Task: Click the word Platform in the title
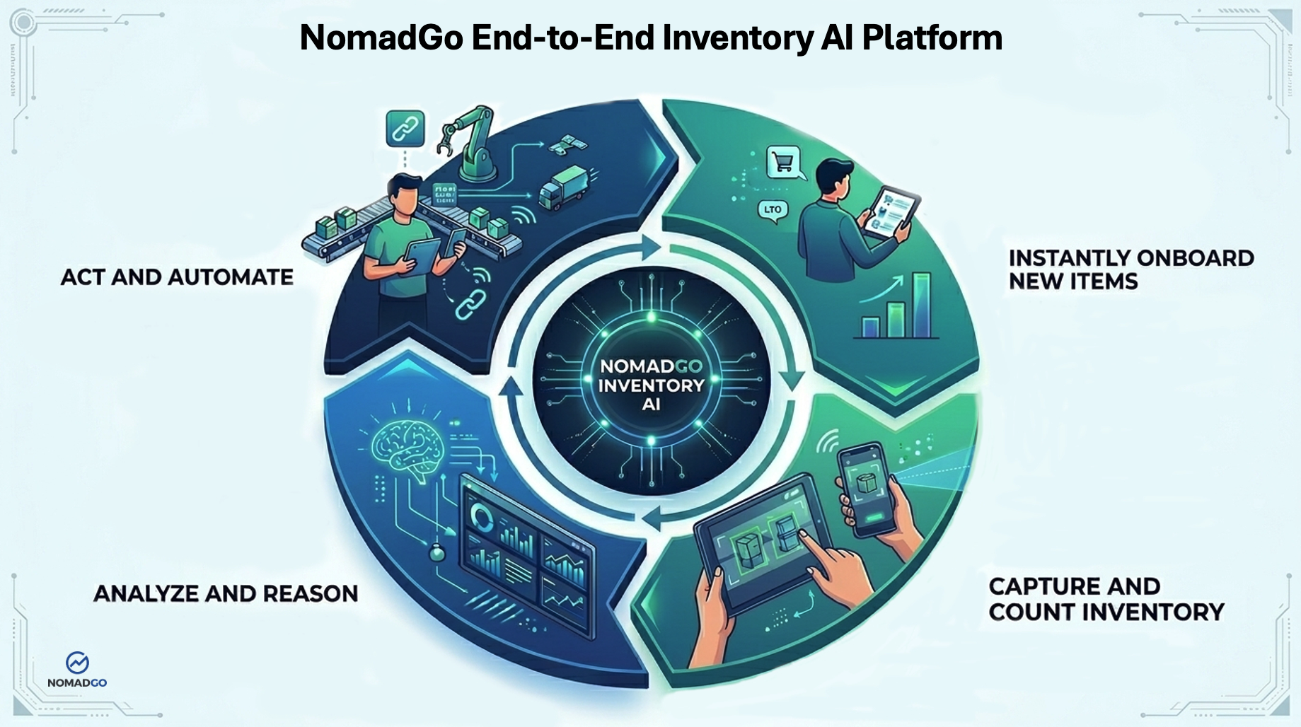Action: pyautogui.click(x=932, y=38)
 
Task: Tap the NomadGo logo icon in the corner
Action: pyautogui.click(x=77, y=663)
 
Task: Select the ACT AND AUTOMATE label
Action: pyautogui.click(x=177, y=277)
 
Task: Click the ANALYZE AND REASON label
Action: pyautogui.click(x=226, y=593)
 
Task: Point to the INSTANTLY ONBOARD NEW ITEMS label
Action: pyautogui.click(x=1131, y=269)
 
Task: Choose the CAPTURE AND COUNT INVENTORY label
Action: pyautogui.click(x=1106, y=599)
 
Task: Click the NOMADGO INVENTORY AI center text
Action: pyautogui.click(x=651, y=385)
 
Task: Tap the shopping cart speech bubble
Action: pyautogui.click(x=783, y=162)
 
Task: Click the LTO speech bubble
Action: pyautogui.click(x=773, y=210)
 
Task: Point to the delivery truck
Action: pyautogui.click(x=563, y=187)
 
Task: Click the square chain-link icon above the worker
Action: pyautogui.click(x=405, y=129)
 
